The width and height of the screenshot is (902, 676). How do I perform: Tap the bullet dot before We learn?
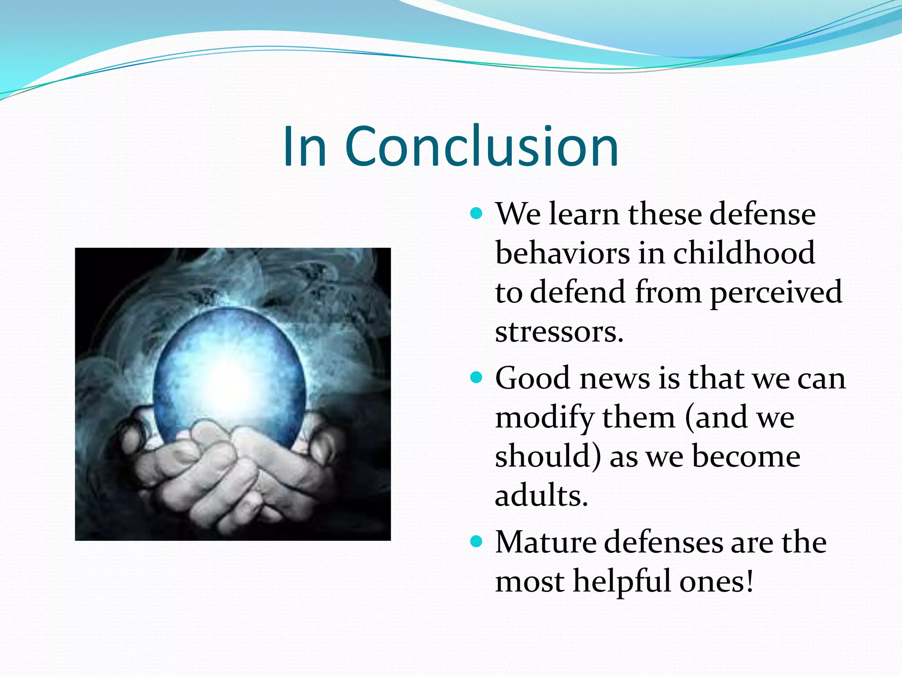tap(477, 214)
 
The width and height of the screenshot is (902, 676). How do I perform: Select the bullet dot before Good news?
tap(477, 378)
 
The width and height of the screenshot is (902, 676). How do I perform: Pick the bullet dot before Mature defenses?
tap(477, 541)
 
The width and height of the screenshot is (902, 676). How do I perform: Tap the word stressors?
tap(559, 332)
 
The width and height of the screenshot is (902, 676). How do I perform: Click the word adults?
tap(541, 496)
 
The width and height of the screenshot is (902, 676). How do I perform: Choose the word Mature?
tap(546, 542)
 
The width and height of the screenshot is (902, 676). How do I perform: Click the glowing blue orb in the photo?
tap(229, 374)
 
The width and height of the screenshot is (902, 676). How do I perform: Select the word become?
tap(746, 456)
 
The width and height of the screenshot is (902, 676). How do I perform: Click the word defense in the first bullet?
tap(762, 214)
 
